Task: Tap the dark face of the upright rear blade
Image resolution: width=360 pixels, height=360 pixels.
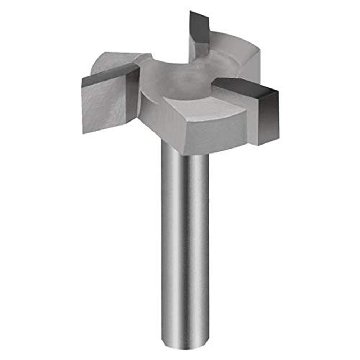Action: pos(199,27)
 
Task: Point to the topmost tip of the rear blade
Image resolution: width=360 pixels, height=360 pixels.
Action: pos(190,12)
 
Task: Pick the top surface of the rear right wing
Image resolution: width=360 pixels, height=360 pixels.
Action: pos(230,50)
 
